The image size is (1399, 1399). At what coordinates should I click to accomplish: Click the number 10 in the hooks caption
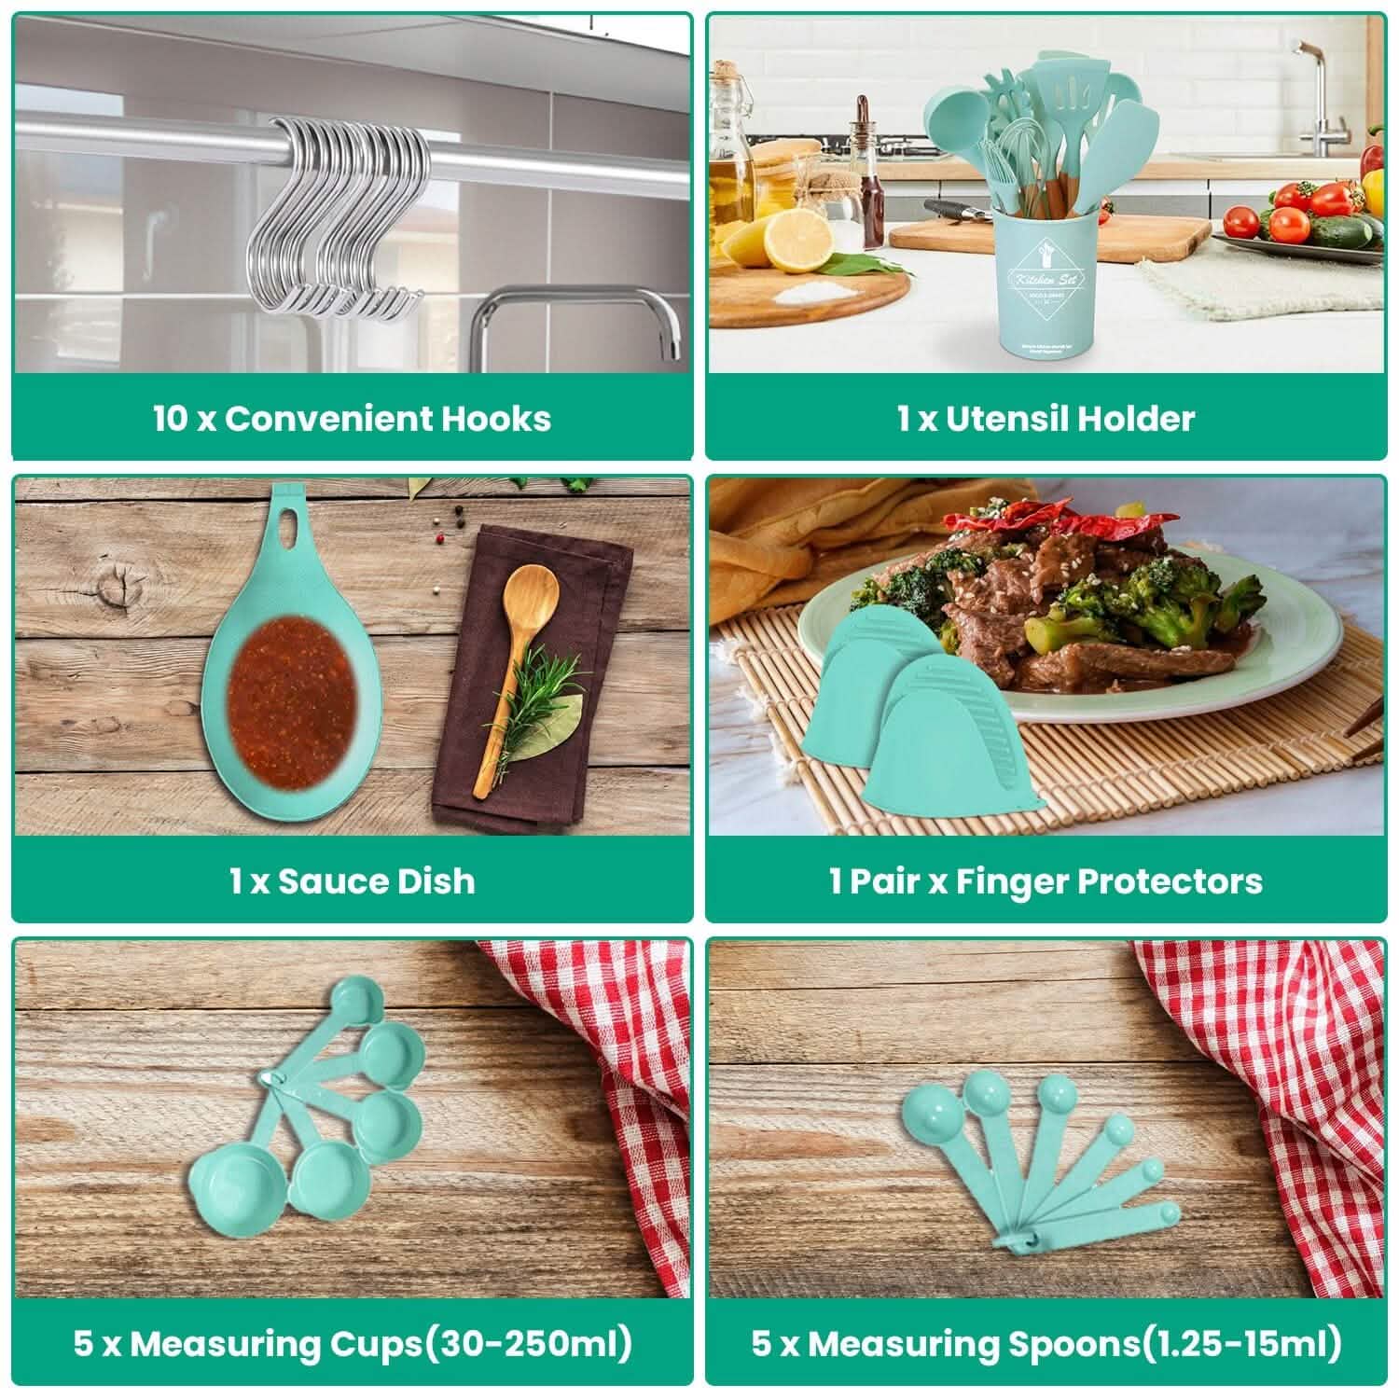[x=171, y=419]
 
